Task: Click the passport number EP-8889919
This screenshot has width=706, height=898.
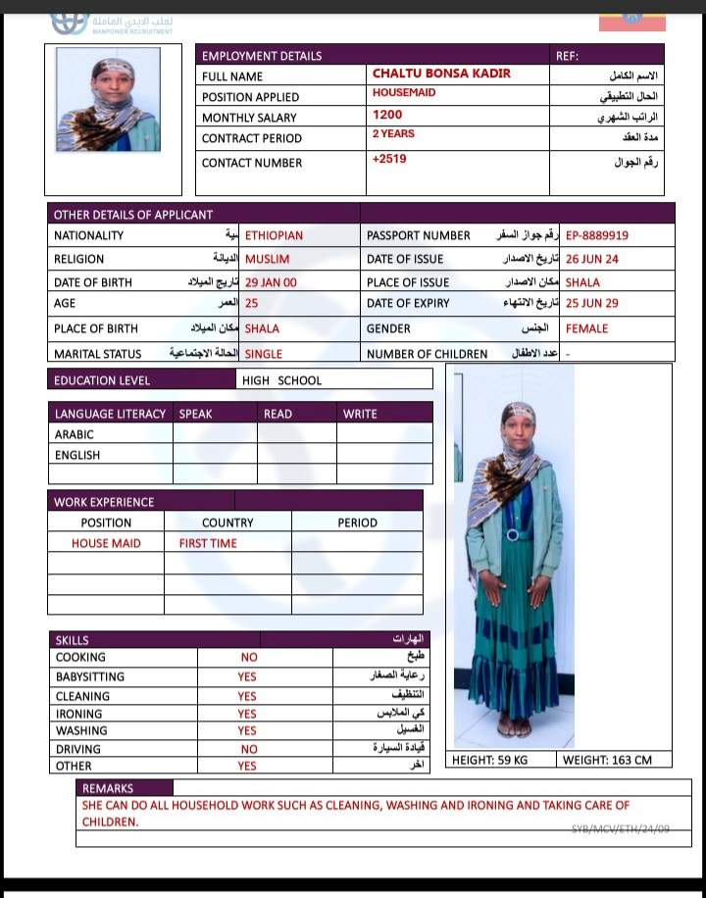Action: pyautogui.click(x=597, y=235)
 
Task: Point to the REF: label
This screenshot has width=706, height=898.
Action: pyautogui.click(x=568, y=56)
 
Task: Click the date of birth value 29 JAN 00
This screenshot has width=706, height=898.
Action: pyautogui.click(x=271, y=281)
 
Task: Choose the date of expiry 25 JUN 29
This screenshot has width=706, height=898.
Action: pyautogui.click(x=592, y=304)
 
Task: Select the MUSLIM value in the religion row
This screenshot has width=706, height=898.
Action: pyautogui.click(x=267, y=259)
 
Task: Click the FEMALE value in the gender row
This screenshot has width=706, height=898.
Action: pyautogui.click(x=586, y=328)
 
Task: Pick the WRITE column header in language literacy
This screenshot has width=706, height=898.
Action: pyautogui.click(x=360, y=414)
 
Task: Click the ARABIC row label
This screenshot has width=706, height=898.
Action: pyautogui.click(x=75, y=434)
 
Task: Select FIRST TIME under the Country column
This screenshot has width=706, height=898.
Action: pyautogui.click(x=208, y=543)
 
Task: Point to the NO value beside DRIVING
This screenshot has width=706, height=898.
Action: pyautogui.click(x=249, y=749)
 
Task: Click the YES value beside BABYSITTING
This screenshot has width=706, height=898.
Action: pyautogui.click(x=247, y=676)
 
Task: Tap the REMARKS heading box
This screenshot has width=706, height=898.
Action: pyautogui.click(x=108, y=788)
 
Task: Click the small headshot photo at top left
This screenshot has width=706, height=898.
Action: pyautogui.click(x=108, y=101)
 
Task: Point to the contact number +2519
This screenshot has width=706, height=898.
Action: pyautogui.click(x=388, y=159)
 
